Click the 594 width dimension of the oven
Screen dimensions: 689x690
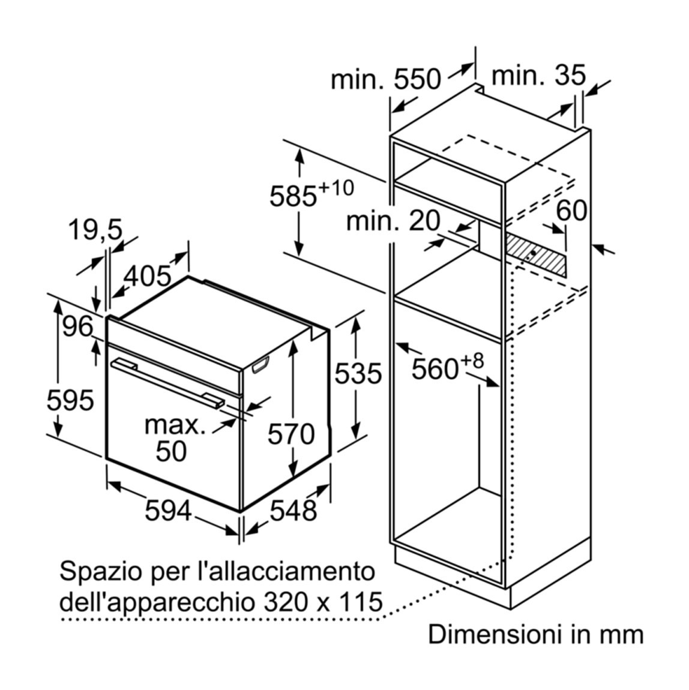pyautogui.click(x=168, y=511)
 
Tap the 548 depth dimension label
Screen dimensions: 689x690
pyautogui.click(x=293, y=511)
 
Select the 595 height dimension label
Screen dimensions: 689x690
pyautogui.click(x=70, y=400)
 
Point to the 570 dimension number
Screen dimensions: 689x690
pyautogui.click(x=291, y=434)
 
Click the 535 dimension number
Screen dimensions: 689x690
pyautogui.click(x=358, y=374)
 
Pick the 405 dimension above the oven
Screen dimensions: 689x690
pyautogui.click(x=147, y=277)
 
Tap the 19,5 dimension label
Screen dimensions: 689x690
pyautogui.click(x=95, y=230)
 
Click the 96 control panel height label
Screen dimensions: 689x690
pyautogui.click(x=77, y=326)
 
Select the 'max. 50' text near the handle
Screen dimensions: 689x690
pyautogui.click(x=175, y=438)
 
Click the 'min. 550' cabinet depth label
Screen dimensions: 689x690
pyautogui.click(x=386, y=79)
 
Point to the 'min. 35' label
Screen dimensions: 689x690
pyautogui.click(x=538, y=75)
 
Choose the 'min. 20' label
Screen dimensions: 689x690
pyautogui.click(x=393, y=220)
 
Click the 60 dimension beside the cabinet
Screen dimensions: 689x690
pyautogui.click(x=571, y=210)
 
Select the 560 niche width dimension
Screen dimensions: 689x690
pyautogui.click(x=447, y=365)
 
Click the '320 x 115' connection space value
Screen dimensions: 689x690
pyautogui.click(x=323, y=602)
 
